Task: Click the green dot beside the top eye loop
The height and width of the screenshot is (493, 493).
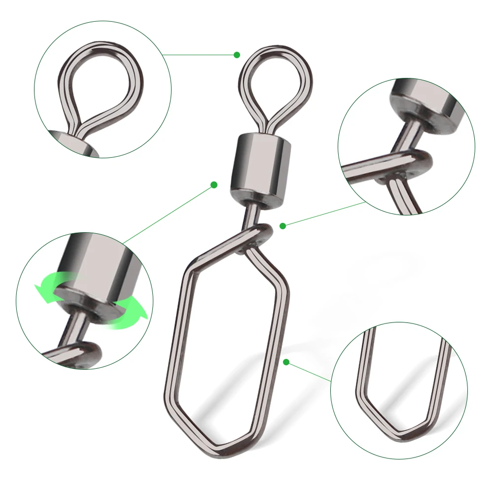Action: coord(237,55)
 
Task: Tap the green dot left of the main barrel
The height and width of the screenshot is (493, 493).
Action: coord(214,185)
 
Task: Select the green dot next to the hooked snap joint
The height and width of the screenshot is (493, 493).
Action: coord(282,226)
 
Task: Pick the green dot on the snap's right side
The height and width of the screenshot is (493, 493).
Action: coord(286,363)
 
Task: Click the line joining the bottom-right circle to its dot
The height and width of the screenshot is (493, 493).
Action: coord(309,372)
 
